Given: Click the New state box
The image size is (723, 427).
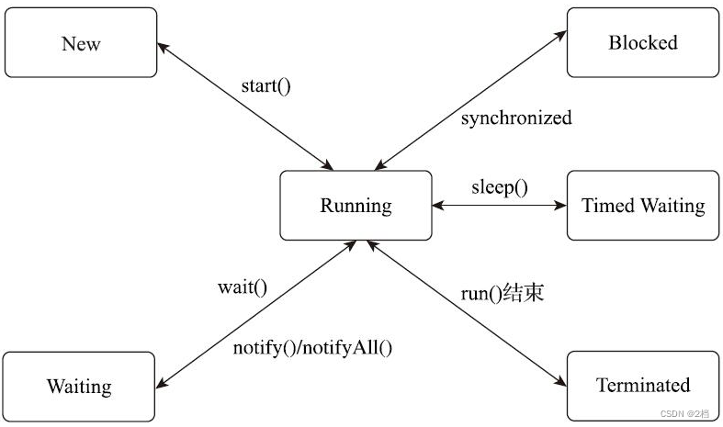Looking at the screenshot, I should coord(81,43).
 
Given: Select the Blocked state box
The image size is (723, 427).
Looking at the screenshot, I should coord(642,42).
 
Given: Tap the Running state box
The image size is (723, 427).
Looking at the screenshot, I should coord(356,206).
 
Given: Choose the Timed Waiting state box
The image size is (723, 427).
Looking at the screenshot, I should coord(642,206).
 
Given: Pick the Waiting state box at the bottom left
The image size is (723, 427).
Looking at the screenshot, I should coord(79,387).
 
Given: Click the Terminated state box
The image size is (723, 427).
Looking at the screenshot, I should coord(642,385).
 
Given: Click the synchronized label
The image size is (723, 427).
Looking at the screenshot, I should coord(515,118).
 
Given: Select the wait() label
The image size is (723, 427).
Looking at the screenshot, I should coord(243,287).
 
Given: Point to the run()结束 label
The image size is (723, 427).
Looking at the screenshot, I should coord(503,294).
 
